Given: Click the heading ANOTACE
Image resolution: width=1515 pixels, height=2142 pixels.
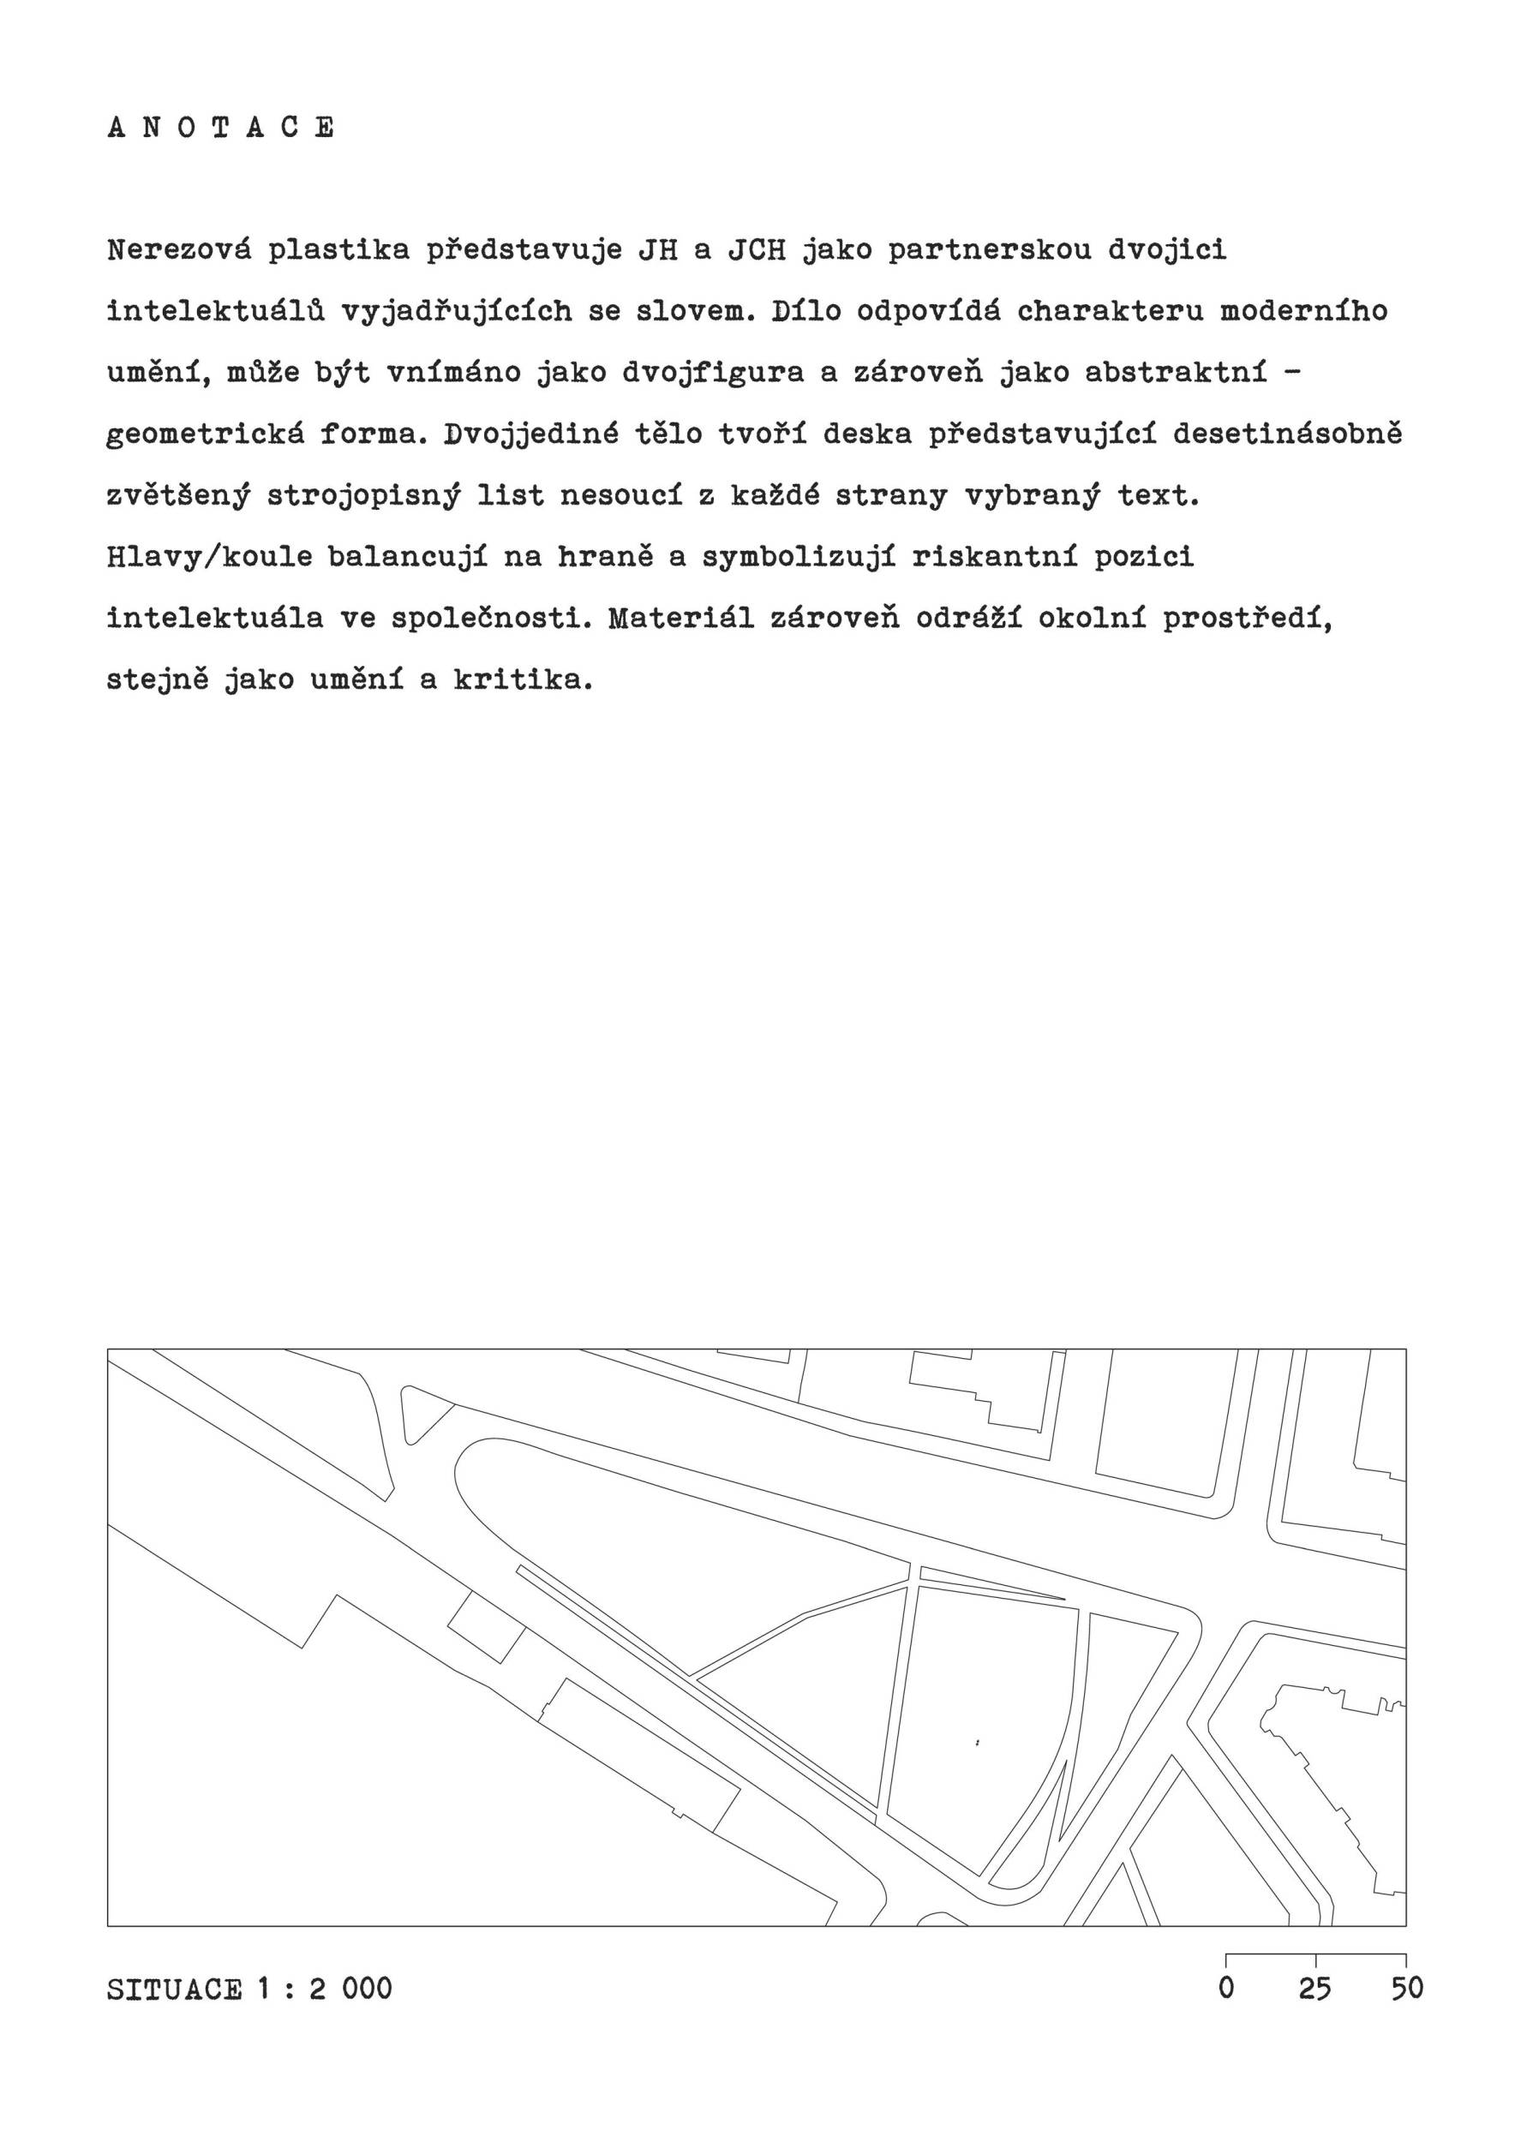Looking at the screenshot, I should (221, 128).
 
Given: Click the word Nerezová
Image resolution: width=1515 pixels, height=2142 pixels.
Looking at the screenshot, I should (179, 251).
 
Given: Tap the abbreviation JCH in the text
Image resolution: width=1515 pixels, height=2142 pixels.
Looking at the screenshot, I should (757, 251).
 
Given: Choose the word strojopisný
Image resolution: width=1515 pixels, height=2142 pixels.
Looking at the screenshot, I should (362, 495).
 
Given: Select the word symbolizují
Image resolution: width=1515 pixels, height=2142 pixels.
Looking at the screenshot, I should (798, 557).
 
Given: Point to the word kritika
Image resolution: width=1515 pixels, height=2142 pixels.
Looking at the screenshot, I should (524, 680).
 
